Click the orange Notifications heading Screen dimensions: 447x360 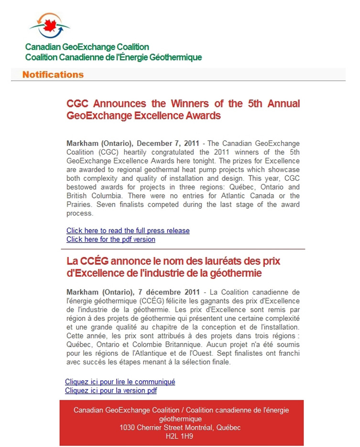pyautogui.click(x=53, y=75)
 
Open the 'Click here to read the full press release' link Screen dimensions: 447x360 pyautogui.click(x=128, y=230)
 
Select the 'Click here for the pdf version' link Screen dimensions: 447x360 pyautogui.click(x=110, y=239)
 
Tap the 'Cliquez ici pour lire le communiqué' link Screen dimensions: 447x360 pyautogui.click(x=120, y=382)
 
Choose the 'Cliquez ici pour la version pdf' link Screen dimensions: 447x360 pyautogui.click(x=110, y=390)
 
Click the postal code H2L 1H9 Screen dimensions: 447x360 pyautogui.click(x=179, y=436)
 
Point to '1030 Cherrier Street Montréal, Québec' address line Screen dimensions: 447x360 pyautogui.click(x=180, y=427)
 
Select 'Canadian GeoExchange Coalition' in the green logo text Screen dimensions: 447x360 pyautogui.click(x=87, y=47)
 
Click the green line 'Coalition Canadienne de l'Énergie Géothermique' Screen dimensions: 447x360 pyautogui.click(x=113, y=57)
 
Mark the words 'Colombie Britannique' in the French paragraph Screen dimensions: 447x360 pyautogui.click(x=151, y=345)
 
